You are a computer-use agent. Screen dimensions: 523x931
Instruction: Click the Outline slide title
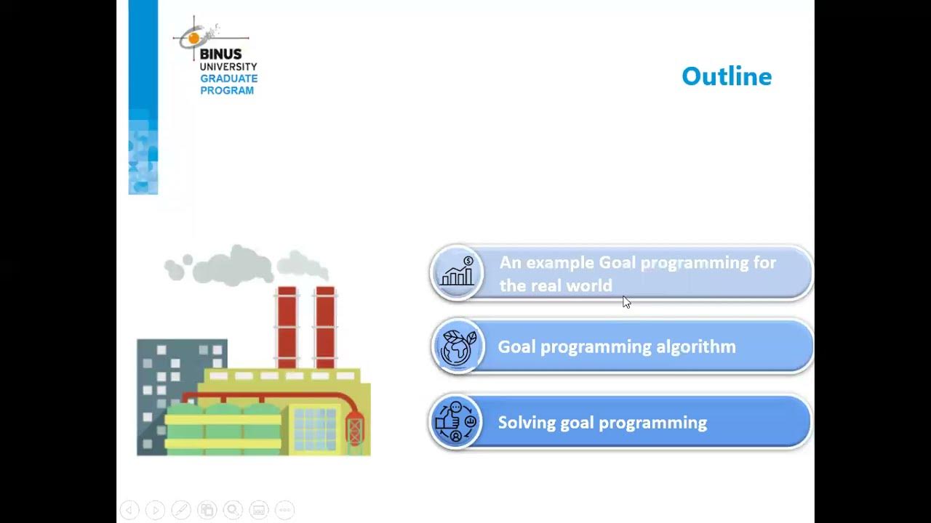pos(726,76)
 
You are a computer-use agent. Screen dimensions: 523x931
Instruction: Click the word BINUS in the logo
pos(220,54)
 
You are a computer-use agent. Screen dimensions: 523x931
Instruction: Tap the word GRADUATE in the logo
pos(228,78)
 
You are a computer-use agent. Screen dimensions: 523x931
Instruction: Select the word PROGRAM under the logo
pos(227,91)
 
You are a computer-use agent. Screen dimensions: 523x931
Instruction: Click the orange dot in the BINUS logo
pos(194,38)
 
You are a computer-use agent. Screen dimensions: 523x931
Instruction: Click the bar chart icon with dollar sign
pos(457,273)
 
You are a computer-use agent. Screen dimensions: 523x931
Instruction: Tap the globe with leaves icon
pos(457,346)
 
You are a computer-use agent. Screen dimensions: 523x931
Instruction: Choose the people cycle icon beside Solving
pos(456,422)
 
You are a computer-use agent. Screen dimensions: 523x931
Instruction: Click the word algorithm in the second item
pos(696,346)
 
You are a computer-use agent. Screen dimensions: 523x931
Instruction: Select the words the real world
pos(556,285)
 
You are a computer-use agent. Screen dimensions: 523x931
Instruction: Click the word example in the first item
pos(559,262)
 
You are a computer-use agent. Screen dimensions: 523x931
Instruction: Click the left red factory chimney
pos(287,327)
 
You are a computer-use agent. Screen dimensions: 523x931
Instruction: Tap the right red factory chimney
pos(325,327)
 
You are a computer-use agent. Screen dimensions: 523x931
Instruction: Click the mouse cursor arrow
pos(626,302)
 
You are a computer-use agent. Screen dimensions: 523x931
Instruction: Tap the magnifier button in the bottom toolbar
pos(233,510)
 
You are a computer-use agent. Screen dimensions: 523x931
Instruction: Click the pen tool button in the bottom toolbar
pos(181,510)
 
